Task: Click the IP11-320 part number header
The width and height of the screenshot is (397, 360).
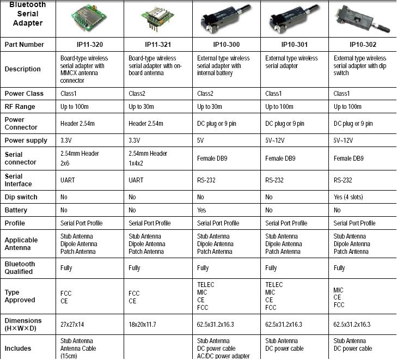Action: pyautogui.click(x=90, y=45)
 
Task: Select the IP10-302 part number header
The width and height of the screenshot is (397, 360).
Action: pyautogui.click(x=363, y=45)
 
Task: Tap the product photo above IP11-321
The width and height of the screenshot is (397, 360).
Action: pyautogui.click(x=158, y=18)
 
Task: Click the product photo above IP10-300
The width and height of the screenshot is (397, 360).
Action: pyautogui.click(x=226, y=18)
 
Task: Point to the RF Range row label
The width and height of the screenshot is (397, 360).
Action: pyautogui.click(x=20, y=107)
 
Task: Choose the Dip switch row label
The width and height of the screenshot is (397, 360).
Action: pyautogui.click(x=21, y=197)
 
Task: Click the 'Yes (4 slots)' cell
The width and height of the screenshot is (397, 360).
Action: pyautogui.click(x=348, y=197)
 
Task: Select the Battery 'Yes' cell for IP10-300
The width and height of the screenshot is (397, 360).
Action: pyautogui.click(x=201, y=210)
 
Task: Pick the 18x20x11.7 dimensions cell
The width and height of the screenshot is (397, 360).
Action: pyautogui.click(x=142, y=324)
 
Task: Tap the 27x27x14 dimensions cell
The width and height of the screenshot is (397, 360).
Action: pyautogui.click(x=72, y=324)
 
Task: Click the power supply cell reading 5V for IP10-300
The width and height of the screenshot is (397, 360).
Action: pyautogui.click(x=200, y=141)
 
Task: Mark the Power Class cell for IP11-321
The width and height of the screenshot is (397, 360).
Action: pyautogui.click(x=137, y=94)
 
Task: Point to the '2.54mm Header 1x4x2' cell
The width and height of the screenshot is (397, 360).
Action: pyautogui.click(x=148, y=158)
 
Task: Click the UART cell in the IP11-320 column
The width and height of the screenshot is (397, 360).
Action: pyautogui.click(x=68, y=180)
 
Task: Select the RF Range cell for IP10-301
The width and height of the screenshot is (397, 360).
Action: pyautogui.click(x=279, y=107)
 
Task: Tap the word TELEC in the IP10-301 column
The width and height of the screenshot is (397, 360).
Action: pyautogui.click(x=274, y=284)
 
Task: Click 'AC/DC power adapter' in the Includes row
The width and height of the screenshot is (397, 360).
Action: pyautogui.click(x=223, y=356)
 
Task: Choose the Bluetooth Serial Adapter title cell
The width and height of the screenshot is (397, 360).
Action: pyautogui.click(x=28, y=14)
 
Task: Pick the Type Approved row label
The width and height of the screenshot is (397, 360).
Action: pyautogui.click(x=20, y=296)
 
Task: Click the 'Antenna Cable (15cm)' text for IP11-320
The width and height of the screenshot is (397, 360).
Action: pyautogui.click(x=78, y=352)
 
